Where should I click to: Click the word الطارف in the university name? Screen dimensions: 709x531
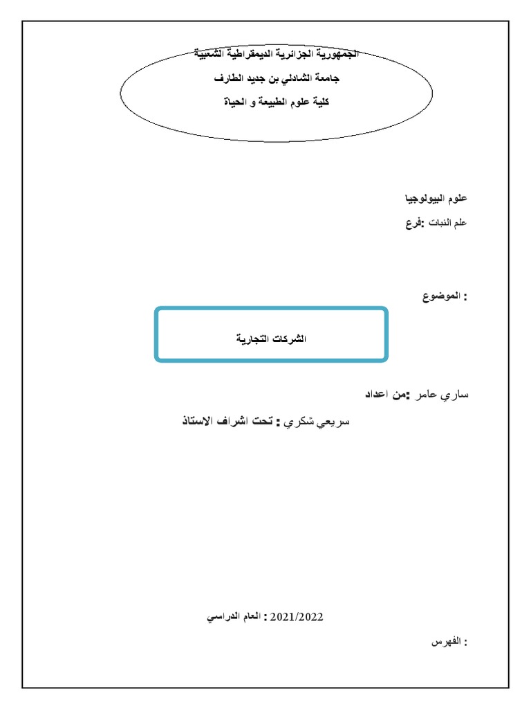[x=230, y=78]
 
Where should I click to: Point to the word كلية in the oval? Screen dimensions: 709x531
[x=317, y=102]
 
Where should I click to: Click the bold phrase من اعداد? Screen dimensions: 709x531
[x=385, y=395]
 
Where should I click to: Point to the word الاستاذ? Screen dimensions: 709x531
[x=201, y=421]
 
